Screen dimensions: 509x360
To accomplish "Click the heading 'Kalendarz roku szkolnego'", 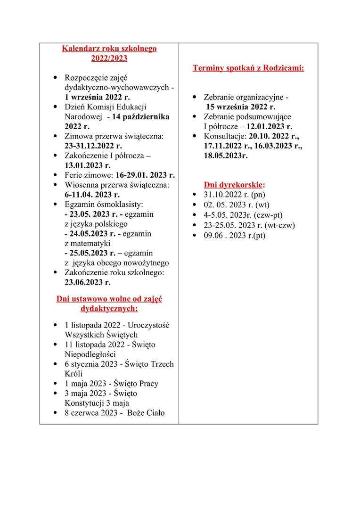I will pos(109,49).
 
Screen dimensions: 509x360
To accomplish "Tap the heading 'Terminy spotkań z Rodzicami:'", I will pos(248,68).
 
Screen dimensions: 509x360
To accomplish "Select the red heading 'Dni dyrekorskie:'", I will pos(234,184).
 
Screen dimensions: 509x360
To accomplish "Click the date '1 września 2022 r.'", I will pos(97,97).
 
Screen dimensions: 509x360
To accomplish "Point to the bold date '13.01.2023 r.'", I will pos(88,165).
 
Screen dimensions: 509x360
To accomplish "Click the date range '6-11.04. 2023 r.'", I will pos(92,194).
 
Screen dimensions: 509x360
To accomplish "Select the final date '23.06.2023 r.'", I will pos(88,282).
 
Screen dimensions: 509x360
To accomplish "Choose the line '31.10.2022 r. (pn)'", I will pos(234,194).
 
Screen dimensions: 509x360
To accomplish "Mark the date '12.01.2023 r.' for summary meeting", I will pos(269,126).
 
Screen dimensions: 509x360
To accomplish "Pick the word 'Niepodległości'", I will pos(90,354).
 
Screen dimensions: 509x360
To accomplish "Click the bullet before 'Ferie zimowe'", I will pos(56,175).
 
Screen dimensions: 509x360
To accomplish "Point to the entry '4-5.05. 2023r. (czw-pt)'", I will pos(243,215).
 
